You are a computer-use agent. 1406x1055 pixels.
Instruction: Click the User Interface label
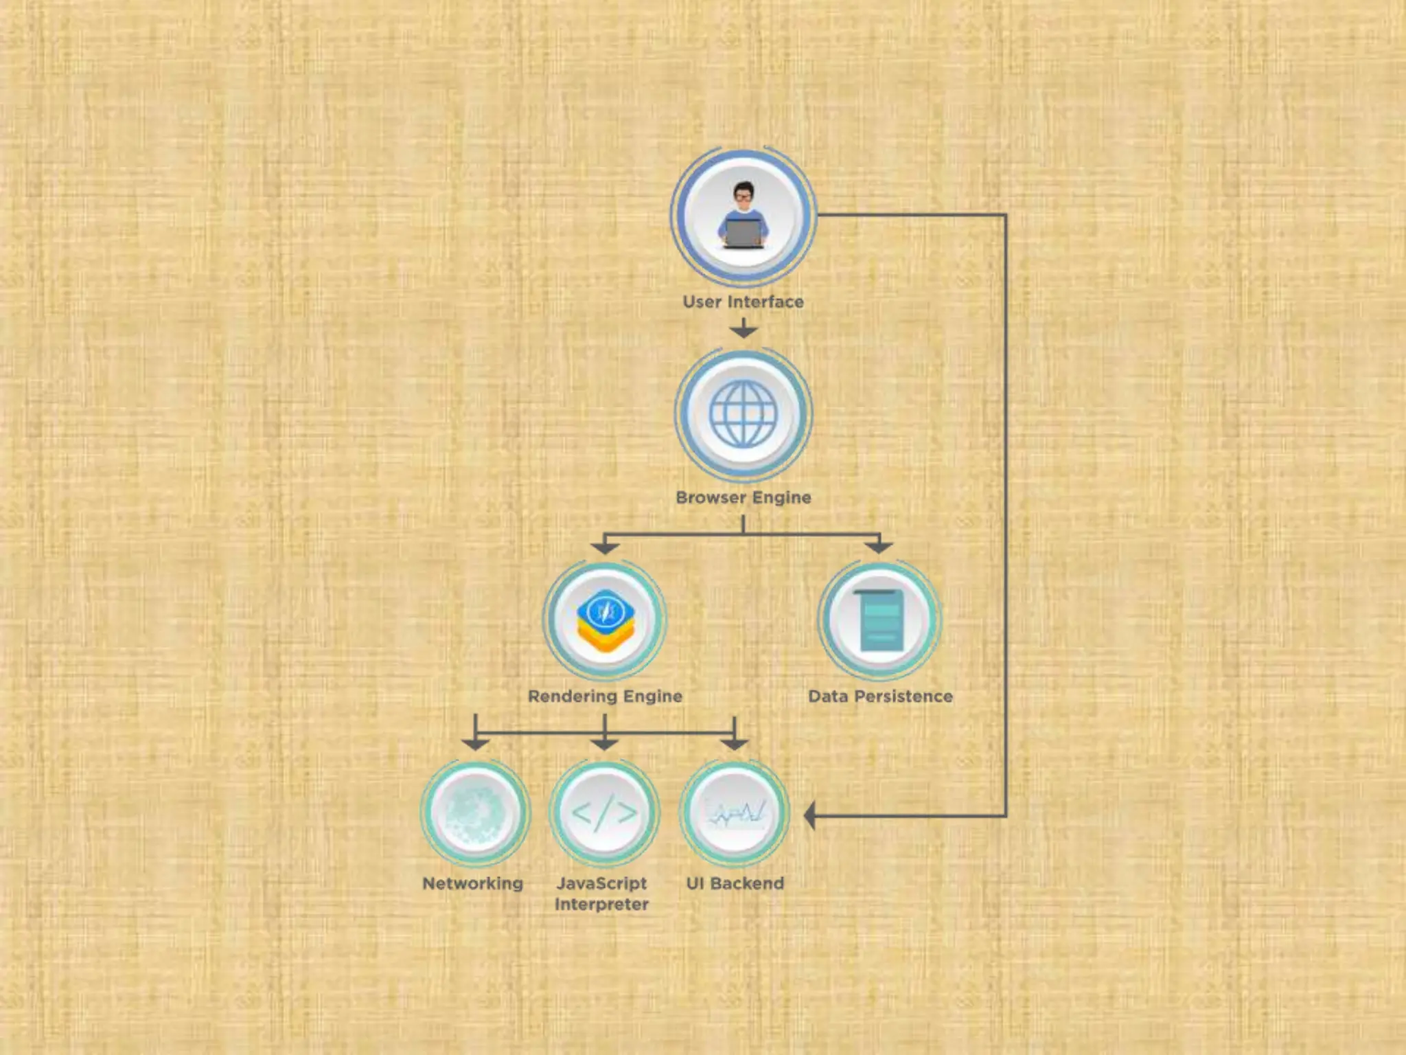click(x=743, y=302)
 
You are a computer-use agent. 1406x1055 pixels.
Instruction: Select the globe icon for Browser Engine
click(x=744, y=413)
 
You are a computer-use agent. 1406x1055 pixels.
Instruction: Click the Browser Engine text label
click(x=744, y=497)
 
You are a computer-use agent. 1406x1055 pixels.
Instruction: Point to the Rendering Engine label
click(x=605, y=696)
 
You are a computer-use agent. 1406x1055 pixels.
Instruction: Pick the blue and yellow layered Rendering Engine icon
click(x=605, y=620)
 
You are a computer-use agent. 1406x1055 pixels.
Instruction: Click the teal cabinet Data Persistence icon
click(x=880, y=620)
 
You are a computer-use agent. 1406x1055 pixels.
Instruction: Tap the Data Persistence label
click(x=880, y=696)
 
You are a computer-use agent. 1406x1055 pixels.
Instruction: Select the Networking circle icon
click(x=475, y=813)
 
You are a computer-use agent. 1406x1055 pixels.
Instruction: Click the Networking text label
click(x=473, y=883)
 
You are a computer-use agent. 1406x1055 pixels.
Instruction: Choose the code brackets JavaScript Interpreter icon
click(x=604, y=813)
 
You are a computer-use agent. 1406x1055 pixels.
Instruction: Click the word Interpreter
click(x=602, y=905)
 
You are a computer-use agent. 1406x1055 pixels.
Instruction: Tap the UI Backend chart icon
click(x=735, y=813)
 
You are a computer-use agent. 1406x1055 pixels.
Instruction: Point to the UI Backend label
click(x=735, y=883)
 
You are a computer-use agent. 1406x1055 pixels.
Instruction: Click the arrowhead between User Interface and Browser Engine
click(x=744, y=331)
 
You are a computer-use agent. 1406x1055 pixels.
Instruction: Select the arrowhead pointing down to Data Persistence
click(x=879, y=547)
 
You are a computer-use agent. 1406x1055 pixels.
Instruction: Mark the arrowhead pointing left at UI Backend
click(x=810, y=816)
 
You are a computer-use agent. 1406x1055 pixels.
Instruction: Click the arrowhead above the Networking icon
click(x=475, y=743)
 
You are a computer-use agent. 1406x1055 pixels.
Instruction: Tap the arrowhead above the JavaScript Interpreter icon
click(x=604, y=743)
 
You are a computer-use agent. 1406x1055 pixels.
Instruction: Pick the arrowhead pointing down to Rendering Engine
click(x=605, y=547)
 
